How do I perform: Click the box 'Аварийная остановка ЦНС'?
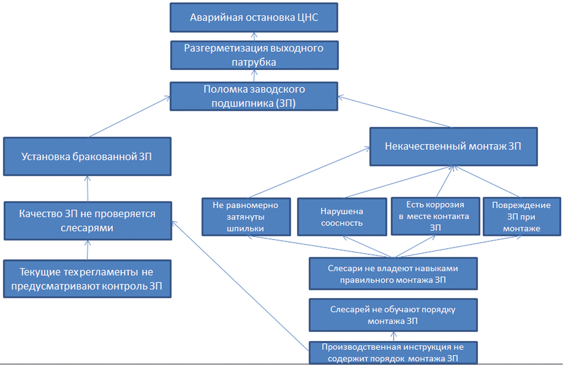tap(254, 18)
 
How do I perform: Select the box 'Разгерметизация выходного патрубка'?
tap(254, 55)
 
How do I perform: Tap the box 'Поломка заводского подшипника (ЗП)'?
tap(254, 96)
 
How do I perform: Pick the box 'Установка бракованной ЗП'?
tap(87, 156)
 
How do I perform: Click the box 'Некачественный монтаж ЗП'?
tap(453, 147)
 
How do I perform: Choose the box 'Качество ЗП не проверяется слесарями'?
tap(88, 221)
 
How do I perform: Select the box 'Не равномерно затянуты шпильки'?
tap(246, 217)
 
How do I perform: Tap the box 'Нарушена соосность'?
tap(342, 217)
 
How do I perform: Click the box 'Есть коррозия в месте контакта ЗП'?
tap(435, 216)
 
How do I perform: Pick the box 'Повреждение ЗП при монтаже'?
tap(522, 217)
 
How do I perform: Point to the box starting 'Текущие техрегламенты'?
tap(87, 279)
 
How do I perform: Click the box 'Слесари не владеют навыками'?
tap(393, 274)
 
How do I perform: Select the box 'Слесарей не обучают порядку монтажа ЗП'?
tap(393, 315)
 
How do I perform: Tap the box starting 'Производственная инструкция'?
tap(393, 352)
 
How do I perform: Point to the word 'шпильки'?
tap(245, 228)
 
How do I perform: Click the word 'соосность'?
tap(342, 223)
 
